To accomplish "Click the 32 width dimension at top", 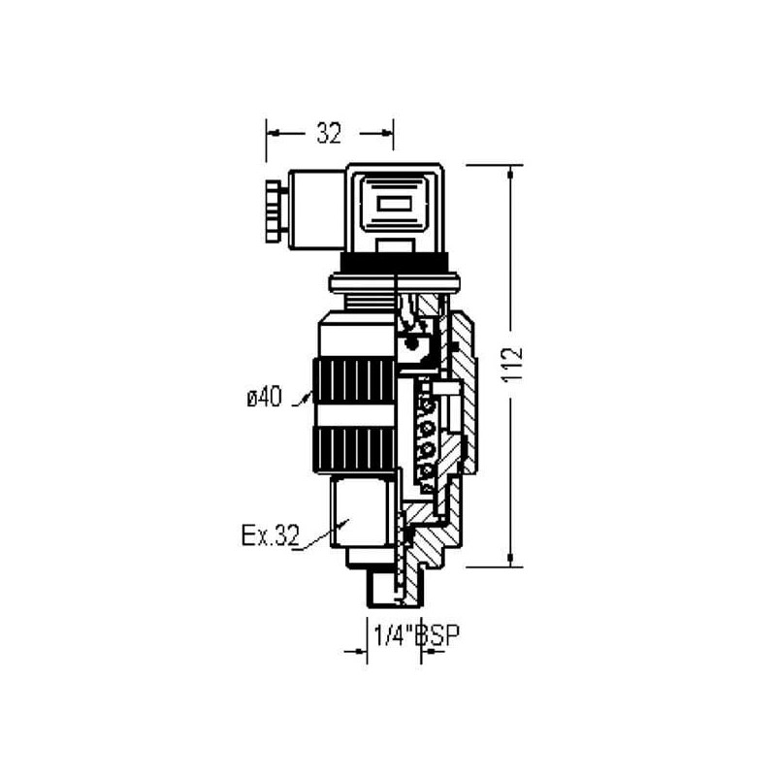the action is point(329,133).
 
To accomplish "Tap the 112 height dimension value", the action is point(513,365).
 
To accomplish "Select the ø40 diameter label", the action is point(264,398).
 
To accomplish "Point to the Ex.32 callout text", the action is point(271,535).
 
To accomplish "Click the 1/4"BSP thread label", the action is point(416,635).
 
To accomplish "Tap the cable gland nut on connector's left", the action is point(273,211).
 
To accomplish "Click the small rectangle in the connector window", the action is point(394,205).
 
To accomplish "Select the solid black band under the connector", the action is point(395,261).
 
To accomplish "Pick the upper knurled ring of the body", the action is point(354,382).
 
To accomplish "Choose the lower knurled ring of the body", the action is point(354,450).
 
